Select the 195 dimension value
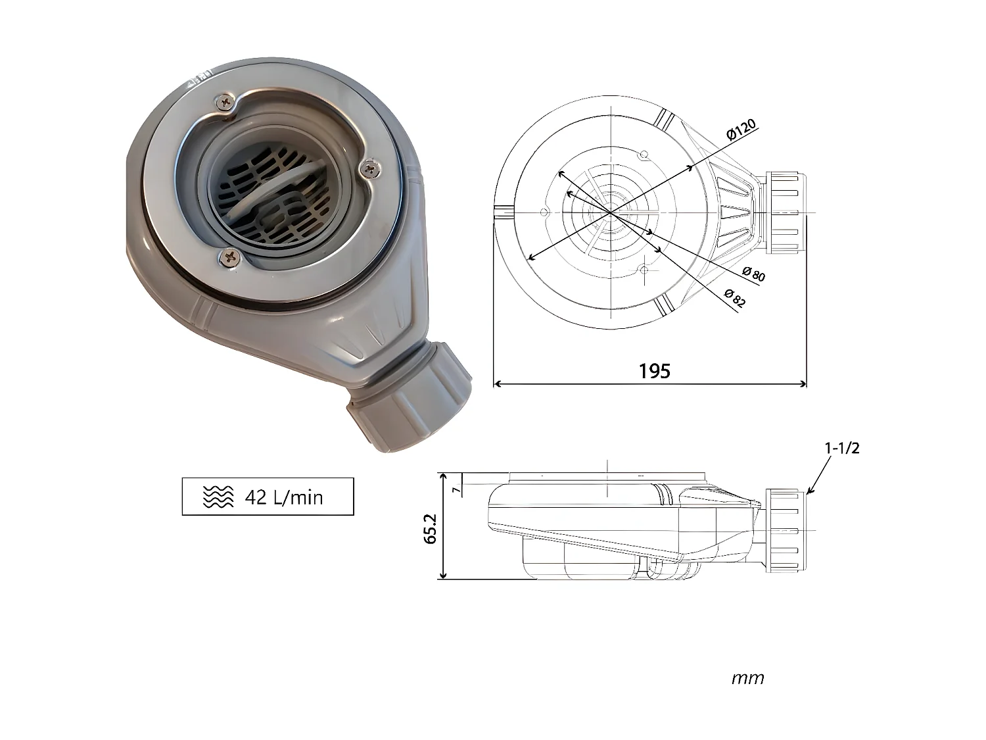coord(655,371)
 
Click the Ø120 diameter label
coord(741,130)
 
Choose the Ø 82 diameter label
coord(734,298)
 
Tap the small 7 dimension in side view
coord(454,489)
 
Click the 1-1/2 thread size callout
coord(842,449)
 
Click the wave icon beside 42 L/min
coord(218,497)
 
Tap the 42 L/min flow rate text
coord(284,497)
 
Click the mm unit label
coord(747,678)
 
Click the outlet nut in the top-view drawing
coord(786,213)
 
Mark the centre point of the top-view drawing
coord(611,213)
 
